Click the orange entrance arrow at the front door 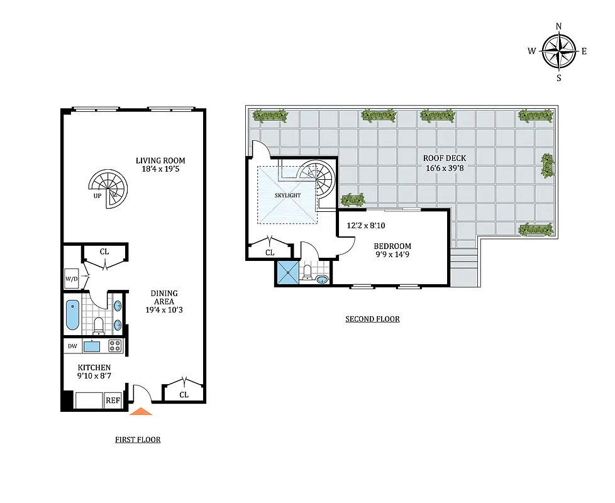pyautogui.click(x=141, y=412)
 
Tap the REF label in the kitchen pyautogui.click(x=113, y=400)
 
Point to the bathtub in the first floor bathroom pyautogui.click(x=72, y=315)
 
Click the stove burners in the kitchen pyautogui.click(x=114, y=345)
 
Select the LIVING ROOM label pyautogui.click(x=160, y=161)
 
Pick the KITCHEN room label pyautogui.click(x=94, y=368)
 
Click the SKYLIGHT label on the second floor pyautogui.click(x=287, y=196)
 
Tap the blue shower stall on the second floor pyautogui.click(x=287, y=274)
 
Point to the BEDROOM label pyautogui.click(x=392, y=246)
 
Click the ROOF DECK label pyautogui.click(x=445, y=158)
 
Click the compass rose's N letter pyautogui.click(x=558, y=26)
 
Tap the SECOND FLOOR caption pyautogui.click(x=372, y=319)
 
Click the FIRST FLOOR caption pyautogui.click(x=137, y=439)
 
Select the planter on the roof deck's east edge pyautogui.click(x=547, y=165)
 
